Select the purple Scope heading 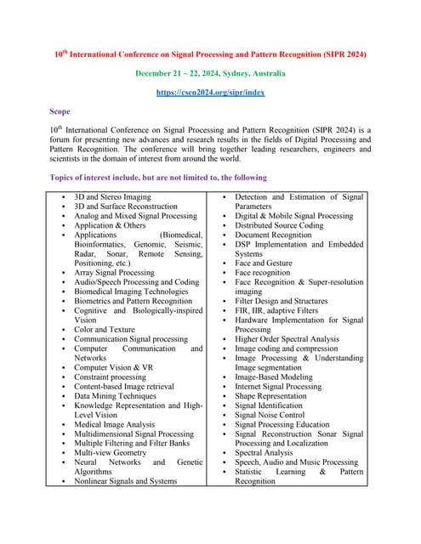tap(61, 111)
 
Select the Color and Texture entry tap(104, 330)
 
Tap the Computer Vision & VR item tap(113, 367)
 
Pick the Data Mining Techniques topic tap(115, 396)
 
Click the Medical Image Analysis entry tap(114, 424)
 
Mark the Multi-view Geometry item tap(110, 453)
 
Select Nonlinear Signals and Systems tap(125, 481)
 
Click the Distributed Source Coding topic tap(279, 225)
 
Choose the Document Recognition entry tap(275, 235)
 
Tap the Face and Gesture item tap(263, 263)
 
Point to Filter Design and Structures tap(281, 301)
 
